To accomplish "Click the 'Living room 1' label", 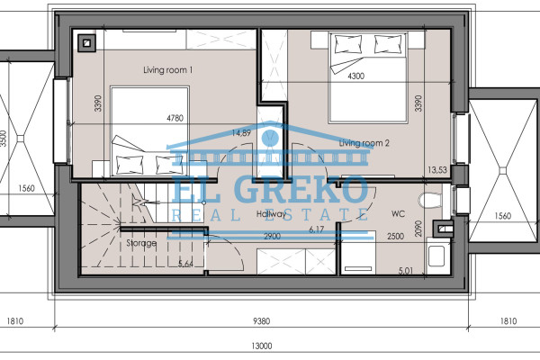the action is coord(167,70).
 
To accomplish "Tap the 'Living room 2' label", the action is coord(364,143).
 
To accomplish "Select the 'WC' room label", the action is coord(398,214).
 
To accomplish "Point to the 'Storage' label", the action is coord(141,243).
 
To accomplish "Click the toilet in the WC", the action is coord(430,200).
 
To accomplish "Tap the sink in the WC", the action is coord(436,256).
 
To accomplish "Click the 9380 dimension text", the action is coord(261,321).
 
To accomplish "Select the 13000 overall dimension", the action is coord(261,346).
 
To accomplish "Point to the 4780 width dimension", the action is coord(175,118).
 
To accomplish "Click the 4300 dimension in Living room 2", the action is coord(355,76).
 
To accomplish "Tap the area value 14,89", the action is coord(241,133).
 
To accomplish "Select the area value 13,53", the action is coord(437,170).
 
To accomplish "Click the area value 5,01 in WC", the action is coord(405,271).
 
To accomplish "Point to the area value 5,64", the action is coord(185,265).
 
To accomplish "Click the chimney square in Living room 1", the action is coord(86,43).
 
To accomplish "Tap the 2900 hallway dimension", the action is coord(272,237).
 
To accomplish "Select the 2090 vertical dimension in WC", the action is coord(418,228).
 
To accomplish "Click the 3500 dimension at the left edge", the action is coord(3,139).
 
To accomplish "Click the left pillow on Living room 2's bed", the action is coord(347,44).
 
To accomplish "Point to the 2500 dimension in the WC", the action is coord(395,237).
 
